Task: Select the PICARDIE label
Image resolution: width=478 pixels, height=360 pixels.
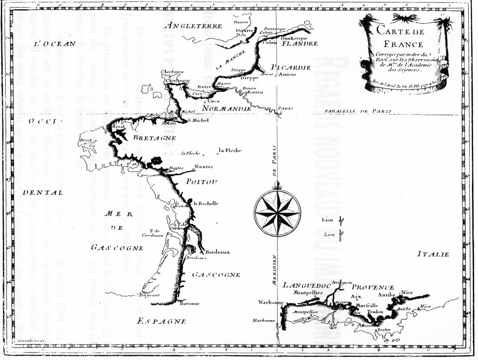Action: click(291, 67)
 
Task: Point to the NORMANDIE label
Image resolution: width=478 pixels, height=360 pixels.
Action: click(227, 109)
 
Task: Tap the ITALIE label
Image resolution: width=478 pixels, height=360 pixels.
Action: click(432, 255)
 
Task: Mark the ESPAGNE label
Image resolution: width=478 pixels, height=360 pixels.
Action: click(162, 321)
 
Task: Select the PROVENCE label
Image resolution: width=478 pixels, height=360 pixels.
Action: click(372, 288)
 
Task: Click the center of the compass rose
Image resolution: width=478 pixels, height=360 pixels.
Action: click(277, 212)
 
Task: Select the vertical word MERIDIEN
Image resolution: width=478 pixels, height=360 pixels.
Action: click(274, 268)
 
